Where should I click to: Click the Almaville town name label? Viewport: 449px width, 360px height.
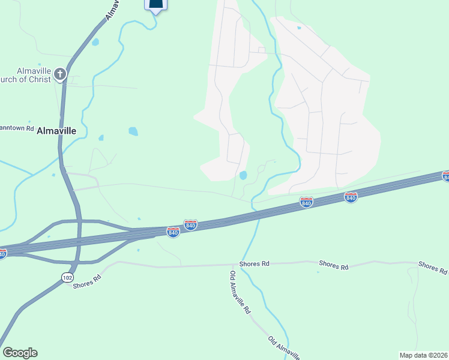(x=57, y=130)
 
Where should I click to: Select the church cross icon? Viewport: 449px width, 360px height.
(x=59, y=74)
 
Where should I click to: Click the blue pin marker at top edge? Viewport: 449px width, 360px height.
(x=155, y=5)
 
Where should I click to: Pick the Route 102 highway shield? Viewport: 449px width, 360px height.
(x=67, y=277)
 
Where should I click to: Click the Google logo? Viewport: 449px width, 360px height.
(x=20, y=353)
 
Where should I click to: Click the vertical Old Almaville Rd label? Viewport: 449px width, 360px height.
(x=240, y=294)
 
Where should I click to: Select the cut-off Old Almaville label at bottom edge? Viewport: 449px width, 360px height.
(x=284, y=347)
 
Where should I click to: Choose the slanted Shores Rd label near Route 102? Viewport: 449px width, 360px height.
(x=87, y=281)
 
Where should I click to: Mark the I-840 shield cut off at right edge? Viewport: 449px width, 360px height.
(x=446, y=176)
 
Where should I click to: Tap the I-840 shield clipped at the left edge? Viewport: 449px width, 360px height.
(x=2, y=254)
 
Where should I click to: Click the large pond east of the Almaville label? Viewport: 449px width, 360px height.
(x=133, y=131)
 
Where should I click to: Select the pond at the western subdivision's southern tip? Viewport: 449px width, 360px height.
(x=243, y=175)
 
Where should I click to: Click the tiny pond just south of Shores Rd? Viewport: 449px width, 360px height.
(x=318, y=272)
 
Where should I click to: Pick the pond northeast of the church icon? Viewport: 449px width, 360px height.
(x=95, y=43)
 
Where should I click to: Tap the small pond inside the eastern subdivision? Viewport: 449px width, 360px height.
(x=299, y=28)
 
